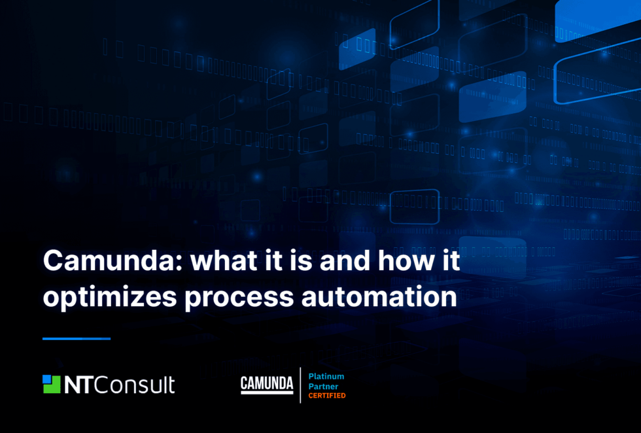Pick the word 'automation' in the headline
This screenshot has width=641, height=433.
379,296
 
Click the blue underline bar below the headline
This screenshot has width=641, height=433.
77,339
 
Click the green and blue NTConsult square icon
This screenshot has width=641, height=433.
51,384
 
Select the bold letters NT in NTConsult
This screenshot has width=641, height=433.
79,385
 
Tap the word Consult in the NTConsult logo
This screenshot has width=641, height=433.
135,385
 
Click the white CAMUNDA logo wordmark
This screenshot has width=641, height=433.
267,383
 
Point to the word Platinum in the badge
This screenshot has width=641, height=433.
326,377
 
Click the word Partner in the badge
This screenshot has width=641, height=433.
322,387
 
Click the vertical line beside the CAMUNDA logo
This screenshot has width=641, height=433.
300,385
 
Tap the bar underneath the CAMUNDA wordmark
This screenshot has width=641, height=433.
267,392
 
